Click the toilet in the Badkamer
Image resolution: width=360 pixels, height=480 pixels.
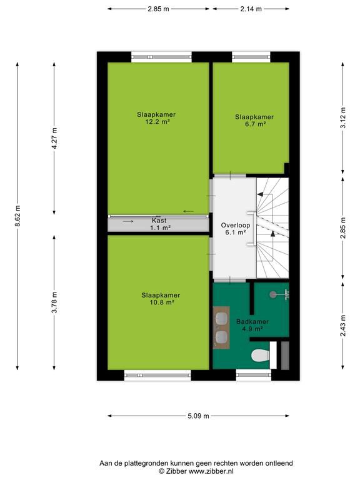coord(261,356)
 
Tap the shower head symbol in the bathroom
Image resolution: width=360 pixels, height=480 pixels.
coord(272,294)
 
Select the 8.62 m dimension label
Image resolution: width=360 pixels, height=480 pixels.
coord(17,216)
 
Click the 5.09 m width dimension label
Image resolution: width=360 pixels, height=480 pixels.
coord(198,416)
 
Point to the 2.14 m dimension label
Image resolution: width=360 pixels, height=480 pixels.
coord(251,9)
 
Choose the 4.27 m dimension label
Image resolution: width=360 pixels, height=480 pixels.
coord(54,138)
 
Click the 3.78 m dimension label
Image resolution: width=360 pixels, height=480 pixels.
coord(54,302)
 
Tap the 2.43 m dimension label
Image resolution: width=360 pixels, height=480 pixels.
coord(343,326)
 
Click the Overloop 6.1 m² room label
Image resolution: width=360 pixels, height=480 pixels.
coord(236,229)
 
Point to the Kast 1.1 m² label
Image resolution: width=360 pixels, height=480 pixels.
coord(159,224)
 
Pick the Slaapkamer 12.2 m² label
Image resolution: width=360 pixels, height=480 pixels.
coord(156,118)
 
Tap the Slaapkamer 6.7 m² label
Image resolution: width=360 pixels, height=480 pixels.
coord(254,120)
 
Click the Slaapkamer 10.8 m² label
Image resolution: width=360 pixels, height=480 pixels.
coord(161,299)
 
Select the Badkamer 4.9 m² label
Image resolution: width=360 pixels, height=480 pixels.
coord(252,325)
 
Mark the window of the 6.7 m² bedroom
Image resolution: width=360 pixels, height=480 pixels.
coord(251,57)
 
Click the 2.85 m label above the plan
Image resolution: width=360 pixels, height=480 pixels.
coord(158,9)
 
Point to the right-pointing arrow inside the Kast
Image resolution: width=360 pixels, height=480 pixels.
coord(128,221)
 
